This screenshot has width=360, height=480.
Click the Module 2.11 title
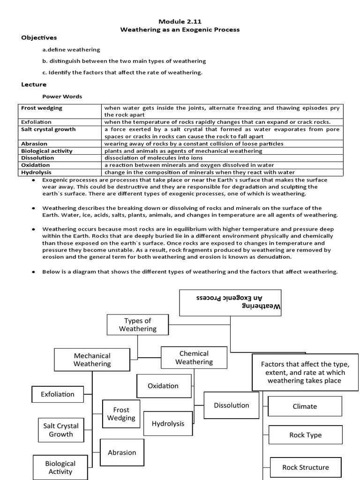(180, 21)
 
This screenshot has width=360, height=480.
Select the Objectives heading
(39, 37)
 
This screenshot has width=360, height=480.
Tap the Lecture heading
(34, 84)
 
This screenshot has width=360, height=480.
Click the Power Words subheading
(62, 97)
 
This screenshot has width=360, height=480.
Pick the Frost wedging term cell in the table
(42, 108)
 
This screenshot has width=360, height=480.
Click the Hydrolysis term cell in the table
(35, 172)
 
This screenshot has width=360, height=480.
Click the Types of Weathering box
(137, 325)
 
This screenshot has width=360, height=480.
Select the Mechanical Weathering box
(92, 360)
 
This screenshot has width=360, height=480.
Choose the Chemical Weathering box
(194, 357)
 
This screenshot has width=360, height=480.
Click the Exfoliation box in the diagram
(58, 394)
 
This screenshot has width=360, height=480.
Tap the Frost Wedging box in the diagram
(121, 411)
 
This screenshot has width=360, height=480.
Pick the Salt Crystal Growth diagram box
(61, 430)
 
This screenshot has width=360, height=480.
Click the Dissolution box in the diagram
(232, 405)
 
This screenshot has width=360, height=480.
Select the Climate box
(305, 406)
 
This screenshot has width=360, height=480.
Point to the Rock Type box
(305, 435)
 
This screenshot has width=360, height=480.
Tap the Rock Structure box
(305, 467)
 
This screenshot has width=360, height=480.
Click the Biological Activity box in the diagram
(60, 467)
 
